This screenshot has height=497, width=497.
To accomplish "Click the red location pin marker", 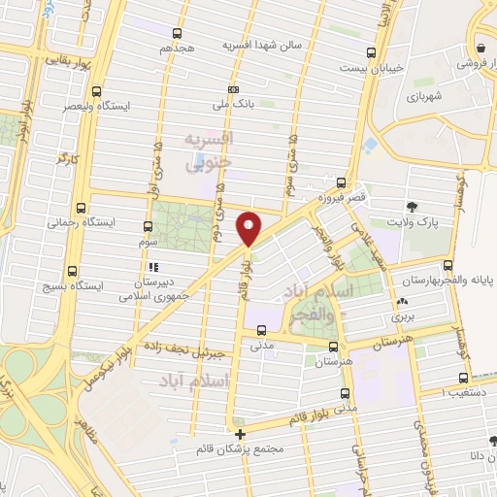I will (249, 229).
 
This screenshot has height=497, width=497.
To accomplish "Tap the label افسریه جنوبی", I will (210, 152).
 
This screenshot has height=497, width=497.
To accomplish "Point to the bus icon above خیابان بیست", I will (370, 53).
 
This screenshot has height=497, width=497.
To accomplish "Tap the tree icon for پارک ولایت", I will (413, 206).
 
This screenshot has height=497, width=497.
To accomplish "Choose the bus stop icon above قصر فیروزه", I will (340, 182).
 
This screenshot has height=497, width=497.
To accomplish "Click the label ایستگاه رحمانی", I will (107, 222).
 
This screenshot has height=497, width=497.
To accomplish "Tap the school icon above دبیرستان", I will (151, 267).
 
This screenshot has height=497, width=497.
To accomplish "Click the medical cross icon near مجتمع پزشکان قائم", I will (241, 433).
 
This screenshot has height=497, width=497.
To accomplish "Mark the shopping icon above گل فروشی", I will (481, 47).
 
